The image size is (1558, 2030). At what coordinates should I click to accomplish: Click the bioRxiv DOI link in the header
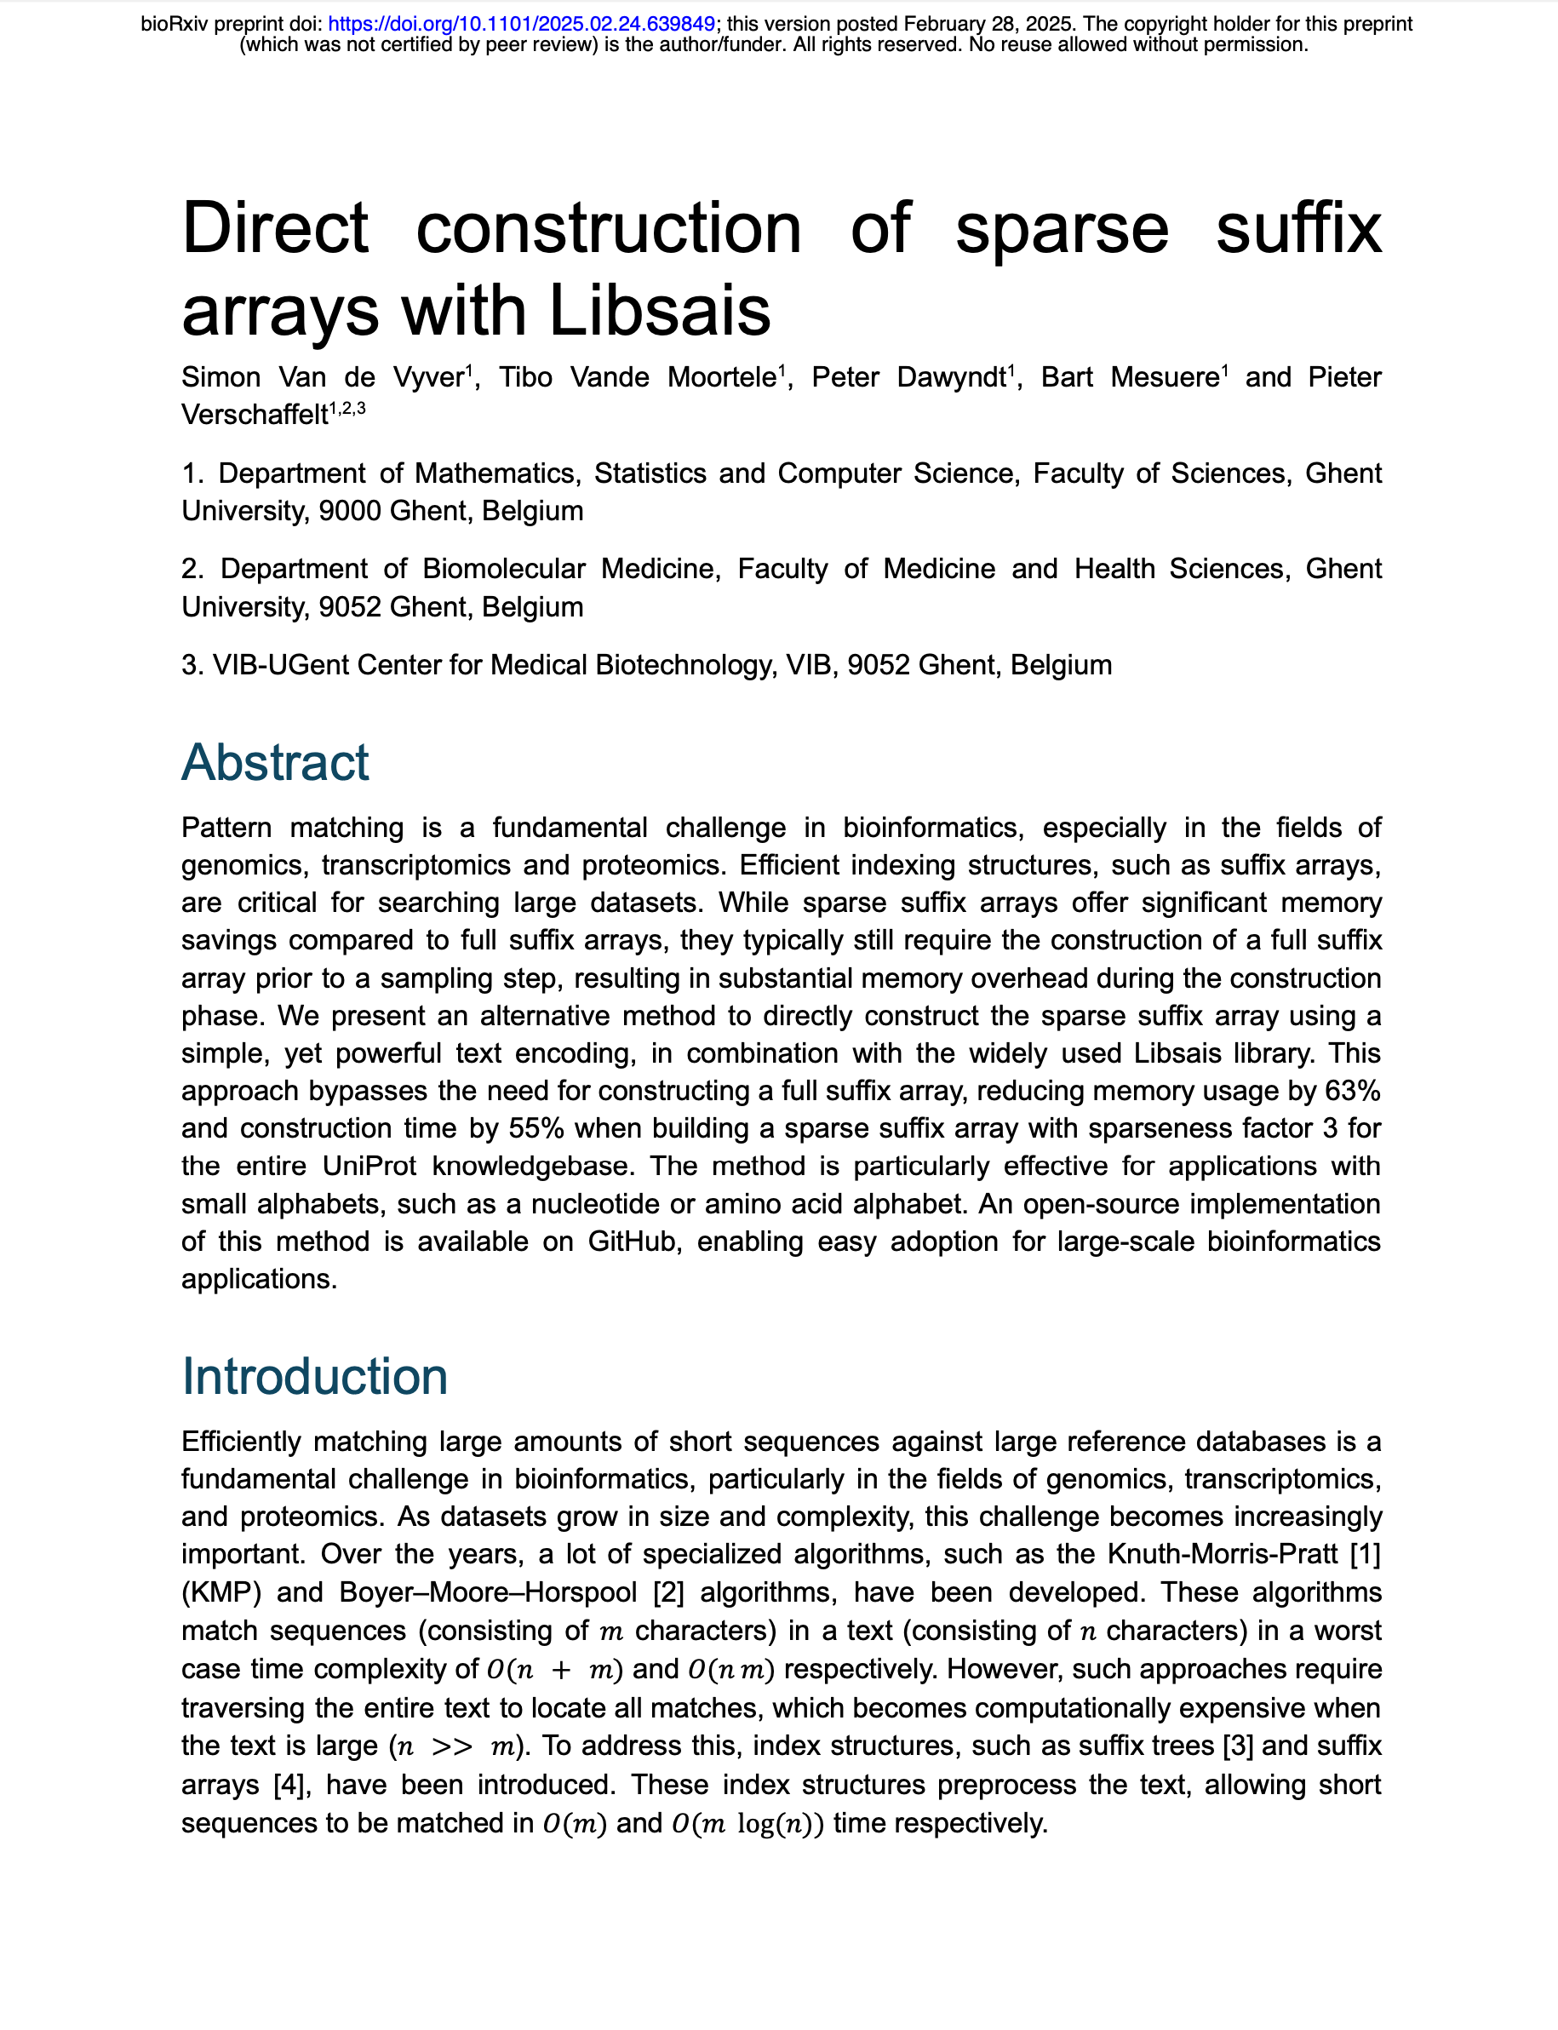coord(521,24)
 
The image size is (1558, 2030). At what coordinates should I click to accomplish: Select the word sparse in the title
coord(1061,228)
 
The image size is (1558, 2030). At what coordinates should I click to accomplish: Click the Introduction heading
coord(314,1375)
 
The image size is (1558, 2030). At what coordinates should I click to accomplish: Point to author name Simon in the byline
coord(221,377)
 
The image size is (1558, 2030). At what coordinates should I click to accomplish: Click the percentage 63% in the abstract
coord(1353,1091)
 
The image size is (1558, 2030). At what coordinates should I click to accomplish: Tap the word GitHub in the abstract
coord(632,1241)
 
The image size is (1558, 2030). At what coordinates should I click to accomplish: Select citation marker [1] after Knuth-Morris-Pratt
coord(1365,1553)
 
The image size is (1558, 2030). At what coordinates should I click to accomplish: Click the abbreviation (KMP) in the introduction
coord(221,1591)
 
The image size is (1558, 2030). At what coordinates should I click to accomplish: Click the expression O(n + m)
coord(553,1669)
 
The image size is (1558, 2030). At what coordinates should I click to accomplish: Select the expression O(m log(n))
coord(747,1823)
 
